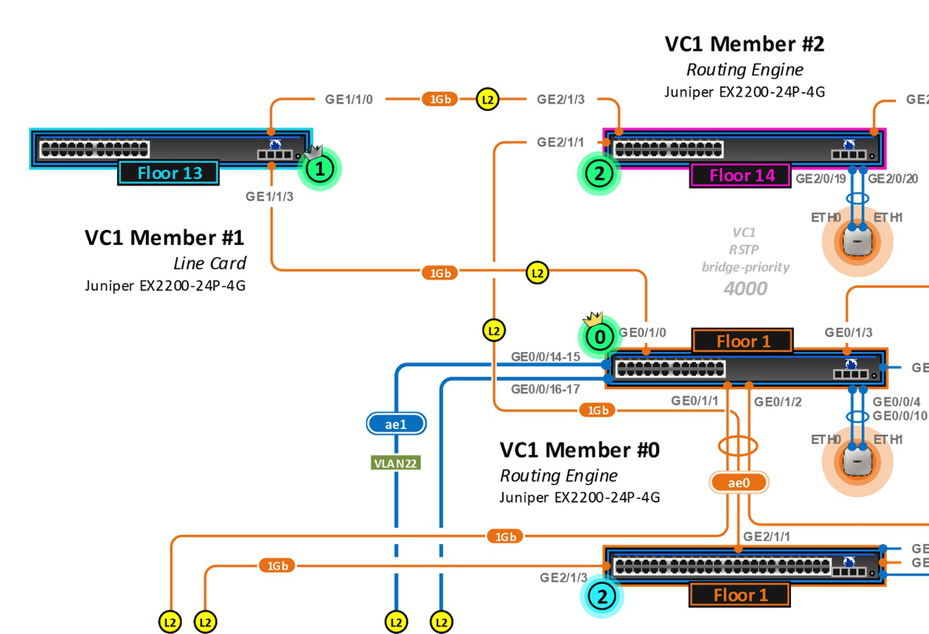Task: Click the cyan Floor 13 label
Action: point(169,173)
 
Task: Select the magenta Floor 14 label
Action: point(741,175)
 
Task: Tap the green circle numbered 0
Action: point(599,337)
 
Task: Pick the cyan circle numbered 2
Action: point(601,597)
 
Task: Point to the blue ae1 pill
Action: point(396,424)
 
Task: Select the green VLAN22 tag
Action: point(396,463)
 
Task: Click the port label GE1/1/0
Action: point(349,99)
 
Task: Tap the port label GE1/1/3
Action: point(269,196)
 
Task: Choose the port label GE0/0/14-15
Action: point(545,357)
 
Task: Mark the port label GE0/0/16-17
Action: point(545,389)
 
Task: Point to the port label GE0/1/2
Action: point(777,401)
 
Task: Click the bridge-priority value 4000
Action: point(745,289)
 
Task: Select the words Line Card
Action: point(210,263)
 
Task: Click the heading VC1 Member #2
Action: point(745,44)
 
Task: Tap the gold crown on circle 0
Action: point(594,318)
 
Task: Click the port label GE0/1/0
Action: point(642,333)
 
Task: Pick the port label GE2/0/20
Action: point(893,178)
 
